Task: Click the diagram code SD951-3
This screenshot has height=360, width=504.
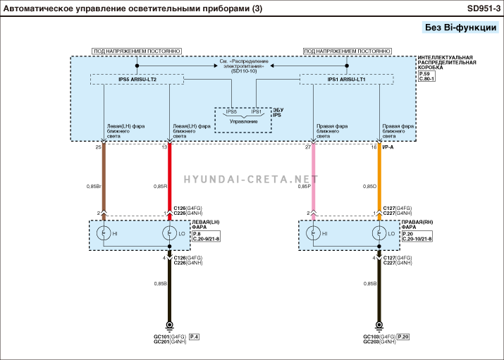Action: tap(483, 8)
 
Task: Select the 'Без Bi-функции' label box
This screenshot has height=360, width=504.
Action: tap(460, 27)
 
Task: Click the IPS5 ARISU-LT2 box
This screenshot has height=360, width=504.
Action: tap(137, 80)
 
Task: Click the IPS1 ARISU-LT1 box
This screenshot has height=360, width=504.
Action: tap(346, 80)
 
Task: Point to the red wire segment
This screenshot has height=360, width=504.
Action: tap(169, 176)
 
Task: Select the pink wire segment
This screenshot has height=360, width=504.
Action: tap(312, 176)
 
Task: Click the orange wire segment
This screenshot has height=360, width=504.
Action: tap(379, 176)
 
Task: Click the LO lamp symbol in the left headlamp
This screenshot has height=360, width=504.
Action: tap(169, 233)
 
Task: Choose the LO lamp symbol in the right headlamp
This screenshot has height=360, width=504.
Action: tap(379, 233)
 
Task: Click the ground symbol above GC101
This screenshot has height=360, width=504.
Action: tap(169, 325)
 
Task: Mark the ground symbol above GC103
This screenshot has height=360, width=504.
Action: tap(379, 325)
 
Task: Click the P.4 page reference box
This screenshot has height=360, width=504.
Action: tap(194, 337)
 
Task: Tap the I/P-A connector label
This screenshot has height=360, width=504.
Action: tap(388, 147)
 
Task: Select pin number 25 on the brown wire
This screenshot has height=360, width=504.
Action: tap(98, 147)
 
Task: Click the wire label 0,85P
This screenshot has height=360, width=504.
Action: tap(303, 186)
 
